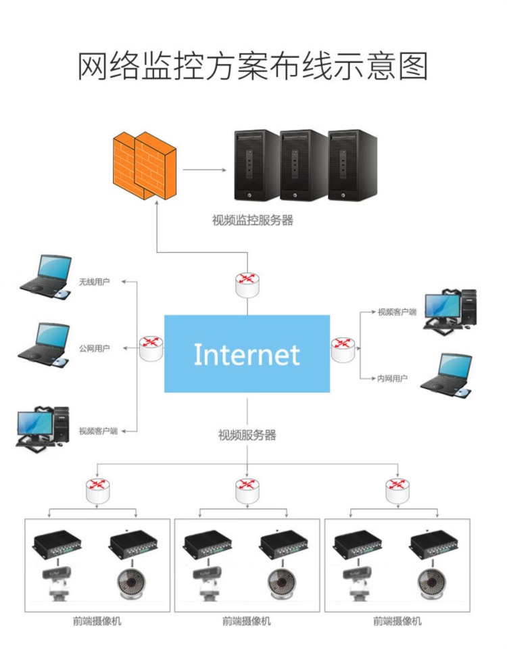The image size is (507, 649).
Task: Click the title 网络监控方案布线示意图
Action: point(253,66)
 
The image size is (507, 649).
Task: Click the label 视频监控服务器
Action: point(253,220)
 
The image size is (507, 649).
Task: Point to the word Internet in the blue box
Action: point(247,354)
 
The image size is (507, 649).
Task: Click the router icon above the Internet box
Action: point(247,284)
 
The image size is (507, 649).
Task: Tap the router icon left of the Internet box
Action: point(151,348)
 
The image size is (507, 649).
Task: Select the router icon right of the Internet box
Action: point(342,349)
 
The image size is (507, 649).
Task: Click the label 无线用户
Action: point(94,281)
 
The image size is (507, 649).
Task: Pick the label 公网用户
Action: point(94,349)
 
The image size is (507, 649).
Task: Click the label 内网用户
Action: point(392,379)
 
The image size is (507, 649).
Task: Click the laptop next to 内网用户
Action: point(445,372)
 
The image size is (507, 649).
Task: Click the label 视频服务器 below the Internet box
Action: point(247,435)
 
